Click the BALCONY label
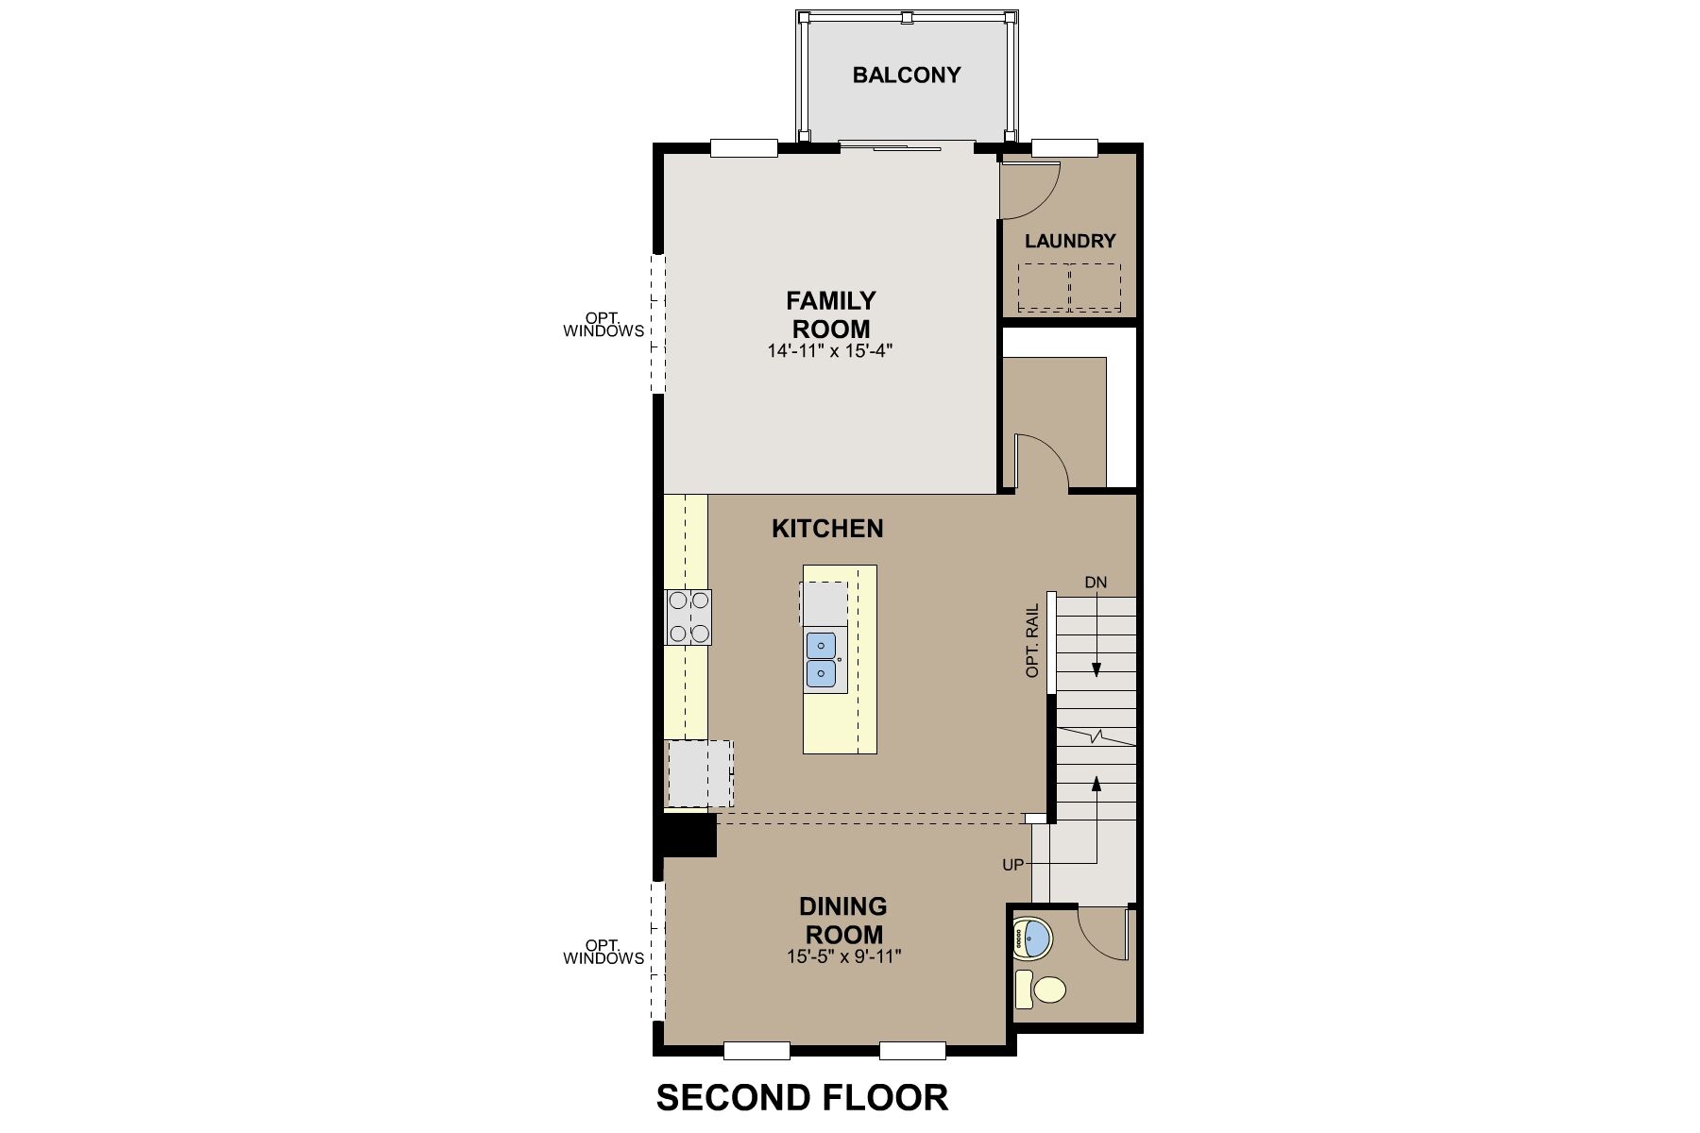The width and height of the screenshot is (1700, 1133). coord(907,75)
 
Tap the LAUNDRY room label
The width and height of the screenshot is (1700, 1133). coord(1070,241)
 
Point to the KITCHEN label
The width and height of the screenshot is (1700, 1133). coord(827,528)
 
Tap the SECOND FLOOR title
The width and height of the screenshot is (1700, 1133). coord(802,1097)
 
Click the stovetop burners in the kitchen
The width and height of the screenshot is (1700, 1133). coord(688,617)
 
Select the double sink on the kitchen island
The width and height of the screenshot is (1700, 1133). coord(822,659)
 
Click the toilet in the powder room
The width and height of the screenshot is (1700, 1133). coord(1040,989)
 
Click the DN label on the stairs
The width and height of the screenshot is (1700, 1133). coord(1096,583)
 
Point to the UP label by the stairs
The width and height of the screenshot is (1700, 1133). coord(1012,864)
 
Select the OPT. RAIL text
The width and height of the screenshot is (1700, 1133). coord(1032,640)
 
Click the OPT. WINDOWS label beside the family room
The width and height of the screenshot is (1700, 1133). coord(603,325)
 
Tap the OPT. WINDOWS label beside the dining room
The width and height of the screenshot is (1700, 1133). coord(603,952)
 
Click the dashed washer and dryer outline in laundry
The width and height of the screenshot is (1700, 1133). coord(1069,287)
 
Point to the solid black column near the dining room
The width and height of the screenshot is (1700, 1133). coord(688,836)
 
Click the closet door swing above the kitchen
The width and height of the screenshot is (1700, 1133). coord(1040,463)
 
